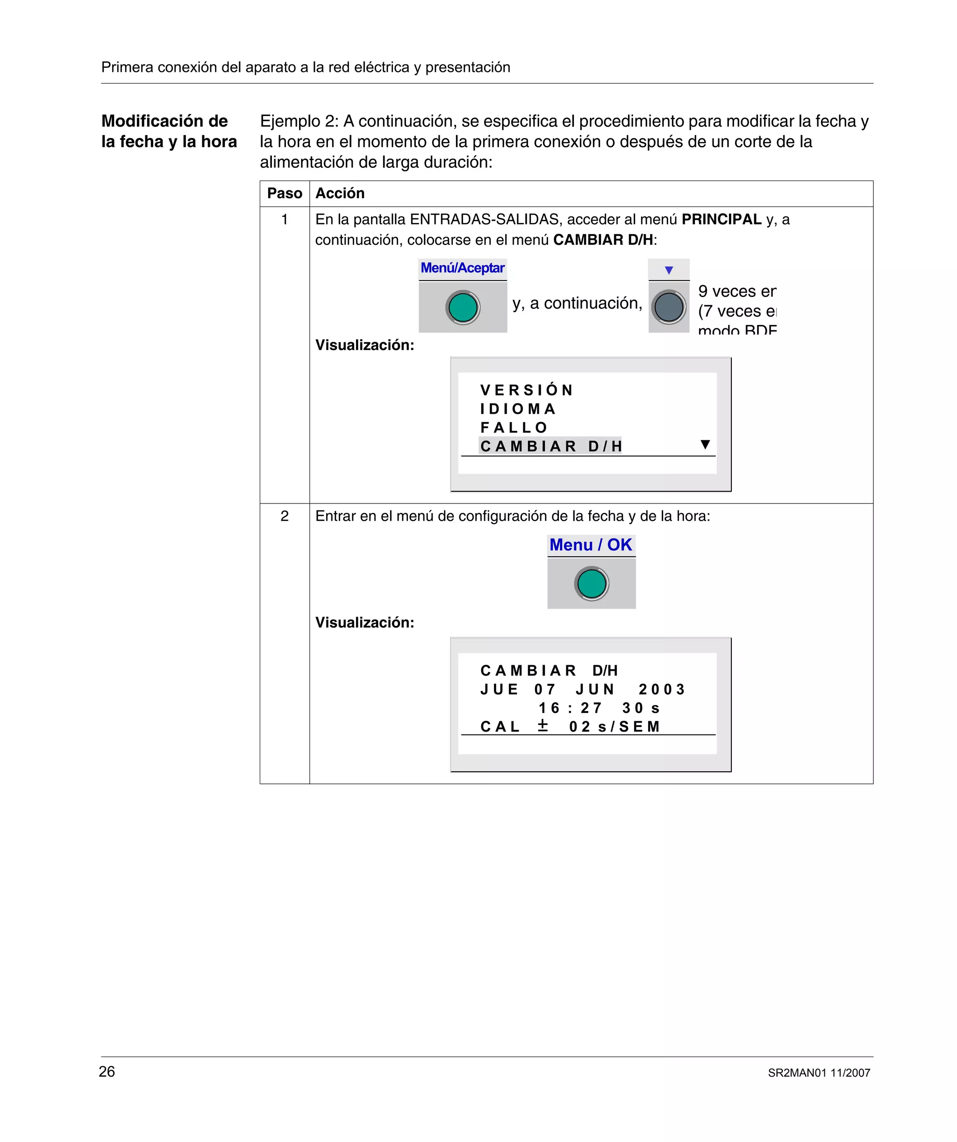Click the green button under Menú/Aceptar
463,307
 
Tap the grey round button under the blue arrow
669,307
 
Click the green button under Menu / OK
592,584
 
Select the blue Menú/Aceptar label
463,268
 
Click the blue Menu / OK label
591,545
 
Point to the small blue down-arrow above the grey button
669,270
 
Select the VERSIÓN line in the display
526,390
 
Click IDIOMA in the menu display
518,409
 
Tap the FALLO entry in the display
514,427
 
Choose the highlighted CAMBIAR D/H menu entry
550,446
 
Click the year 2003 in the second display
662,690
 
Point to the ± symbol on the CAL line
543,725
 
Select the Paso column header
285,194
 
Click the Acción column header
340,194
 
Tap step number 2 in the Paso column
285,516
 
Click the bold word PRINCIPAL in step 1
721,219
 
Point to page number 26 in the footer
107,1071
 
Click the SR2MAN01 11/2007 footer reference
819,1073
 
